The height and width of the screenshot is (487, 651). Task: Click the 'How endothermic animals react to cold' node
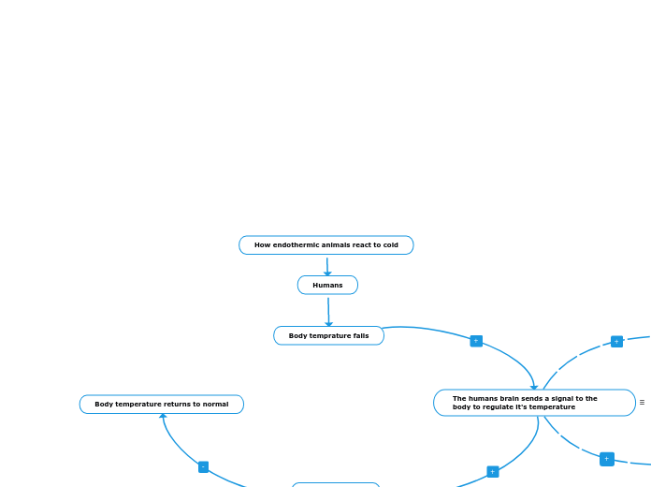coord(325,245)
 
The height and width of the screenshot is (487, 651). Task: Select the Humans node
coord(327,285)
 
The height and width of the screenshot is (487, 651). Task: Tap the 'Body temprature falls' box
coord(328,335)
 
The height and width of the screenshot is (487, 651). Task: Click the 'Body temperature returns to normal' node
coord(161,405)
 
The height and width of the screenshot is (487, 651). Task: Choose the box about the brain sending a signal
coord(534,403)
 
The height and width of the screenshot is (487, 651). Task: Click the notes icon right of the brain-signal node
coord(642,403)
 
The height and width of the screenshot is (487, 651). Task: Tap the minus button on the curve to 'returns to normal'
coord(203,466)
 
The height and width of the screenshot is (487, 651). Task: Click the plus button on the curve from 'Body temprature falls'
coord(476,341)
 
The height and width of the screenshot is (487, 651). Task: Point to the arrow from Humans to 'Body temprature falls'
coord(328,310)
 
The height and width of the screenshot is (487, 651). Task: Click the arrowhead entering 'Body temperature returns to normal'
coord(163,416)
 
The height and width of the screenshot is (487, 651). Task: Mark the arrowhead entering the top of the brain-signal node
coord(534,386)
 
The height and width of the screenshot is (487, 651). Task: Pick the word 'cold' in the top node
coord(390,245)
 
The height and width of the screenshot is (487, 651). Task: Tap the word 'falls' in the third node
coord(360,335)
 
